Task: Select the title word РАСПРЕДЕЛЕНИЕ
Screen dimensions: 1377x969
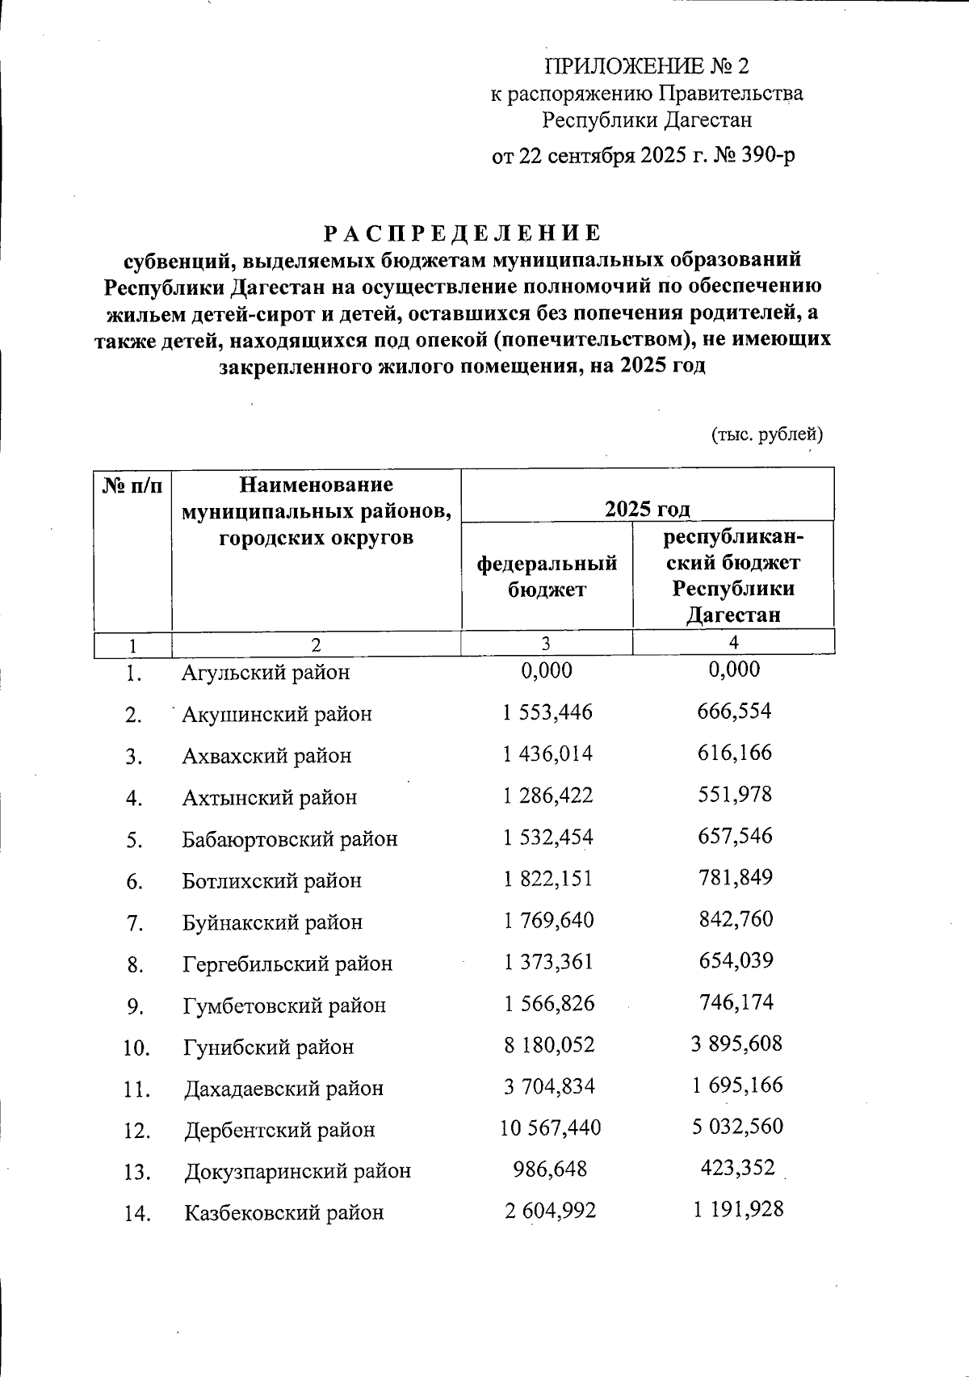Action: pyautogui.click(x=463, y=233)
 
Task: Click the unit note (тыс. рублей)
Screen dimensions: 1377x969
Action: pyautogui.click(x=766, y=435)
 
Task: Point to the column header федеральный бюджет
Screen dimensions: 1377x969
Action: pyautogui.click(x=547, y=576)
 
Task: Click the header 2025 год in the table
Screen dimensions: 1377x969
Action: pyautogui.click(x=648, y=509)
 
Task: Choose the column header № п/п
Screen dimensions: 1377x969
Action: pyautogui.click(x=132, y=486)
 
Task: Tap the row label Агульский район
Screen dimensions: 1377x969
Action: pyautogui.click(x=266, y=672)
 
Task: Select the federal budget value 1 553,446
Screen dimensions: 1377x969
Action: pyautogui.click(x=547, y=712)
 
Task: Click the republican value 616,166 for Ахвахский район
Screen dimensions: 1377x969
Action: pyautogui.click(x=735, y=754)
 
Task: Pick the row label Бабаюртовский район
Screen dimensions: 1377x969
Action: pyautogui.click(x=290, y=839)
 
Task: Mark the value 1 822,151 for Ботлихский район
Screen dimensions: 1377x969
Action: pyautogui.click(x=547, y=879)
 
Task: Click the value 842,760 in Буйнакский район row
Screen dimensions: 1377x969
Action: pyautogui.click(x=735, y=919)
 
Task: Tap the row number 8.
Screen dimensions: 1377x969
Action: pyautogui.click(x=135, y=964)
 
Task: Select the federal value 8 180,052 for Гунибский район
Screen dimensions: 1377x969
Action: pyautogui.click(x=548, y=1045)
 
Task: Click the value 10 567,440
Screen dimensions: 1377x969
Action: pyautogui.click(x=550, y=1127)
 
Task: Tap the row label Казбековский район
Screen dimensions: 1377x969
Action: pyautogui.click(x=283, y=1212)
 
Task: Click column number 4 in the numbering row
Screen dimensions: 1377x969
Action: pyautogui.click(x=733, y=642)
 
